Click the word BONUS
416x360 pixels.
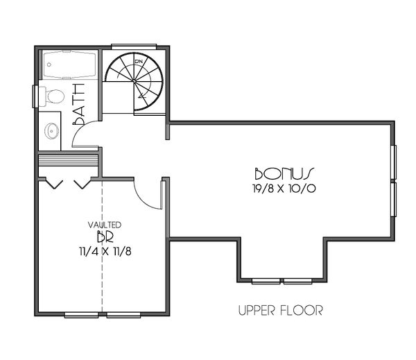285,173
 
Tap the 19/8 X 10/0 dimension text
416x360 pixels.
285,188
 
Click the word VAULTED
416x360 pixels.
105,225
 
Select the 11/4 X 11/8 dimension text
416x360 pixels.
105,252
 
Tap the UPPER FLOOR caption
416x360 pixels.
280,310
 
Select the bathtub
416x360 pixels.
70,66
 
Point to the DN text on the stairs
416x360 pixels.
139,62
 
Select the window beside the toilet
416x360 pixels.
35,96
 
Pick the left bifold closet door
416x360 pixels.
54,184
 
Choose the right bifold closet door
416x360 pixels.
82,184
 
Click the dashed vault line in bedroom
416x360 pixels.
103,277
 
